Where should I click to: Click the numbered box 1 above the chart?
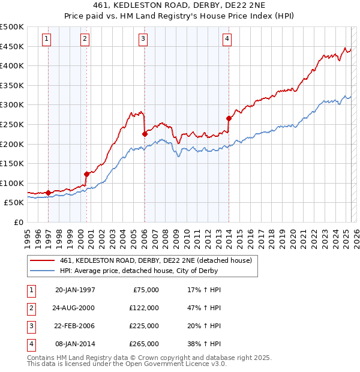click(47, 39)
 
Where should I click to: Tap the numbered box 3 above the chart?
click(143, 39)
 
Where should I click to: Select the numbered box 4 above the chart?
click(227, 39)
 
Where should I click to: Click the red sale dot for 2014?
click(229, 118)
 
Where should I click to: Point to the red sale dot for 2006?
click(145, 134)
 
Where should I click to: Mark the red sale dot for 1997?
click(49, 193)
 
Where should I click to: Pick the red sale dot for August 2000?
click(87, 174)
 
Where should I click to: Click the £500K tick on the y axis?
click(12, 27)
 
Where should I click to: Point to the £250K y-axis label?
click(12, 124)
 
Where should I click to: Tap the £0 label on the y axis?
click(18, 222)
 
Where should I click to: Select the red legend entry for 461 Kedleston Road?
click(158, 260)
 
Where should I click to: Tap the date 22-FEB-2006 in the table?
click(75, 326)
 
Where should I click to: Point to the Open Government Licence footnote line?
click(127, 364)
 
